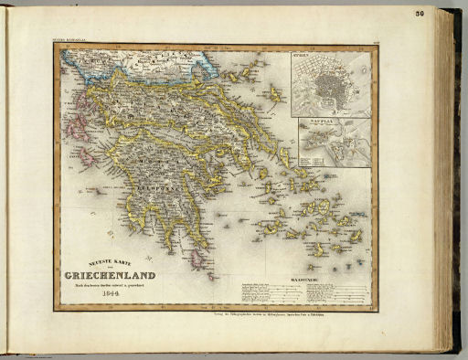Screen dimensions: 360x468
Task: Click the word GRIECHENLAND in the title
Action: tap(110, 275)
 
